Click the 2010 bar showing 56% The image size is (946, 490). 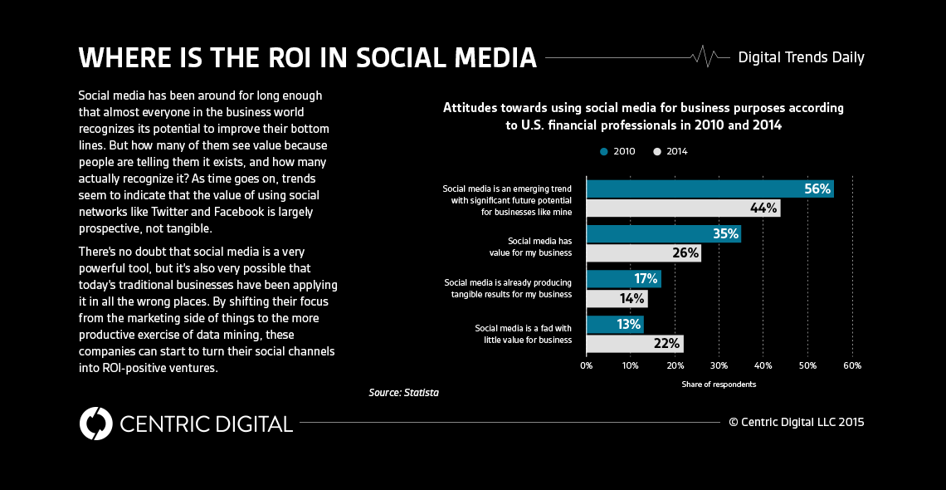pos(709,189)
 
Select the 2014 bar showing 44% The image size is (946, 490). pos(683,208)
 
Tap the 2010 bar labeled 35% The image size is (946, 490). pos(663,233)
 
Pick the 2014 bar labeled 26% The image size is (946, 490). pos(643,253)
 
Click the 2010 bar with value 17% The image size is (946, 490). pos(623,279)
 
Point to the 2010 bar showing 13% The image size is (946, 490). pos(615,324)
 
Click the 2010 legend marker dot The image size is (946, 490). pos(604,151)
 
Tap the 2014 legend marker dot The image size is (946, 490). pos(657,151)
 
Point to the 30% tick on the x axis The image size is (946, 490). pos(719,365)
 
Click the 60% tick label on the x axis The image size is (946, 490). pos(851,365)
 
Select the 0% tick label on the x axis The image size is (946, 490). pos(587,365)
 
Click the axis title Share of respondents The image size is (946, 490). pos(719,385)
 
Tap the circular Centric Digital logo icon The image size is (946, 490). pos(95,423)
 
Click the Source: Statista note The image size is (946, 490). pos(403,392)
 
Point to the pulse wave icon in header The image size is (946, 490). pos(706,57)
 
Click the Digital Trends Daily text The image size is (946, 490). pos(801,57)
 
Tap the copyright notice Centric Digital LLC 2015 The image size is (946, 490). pos(796,422)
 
